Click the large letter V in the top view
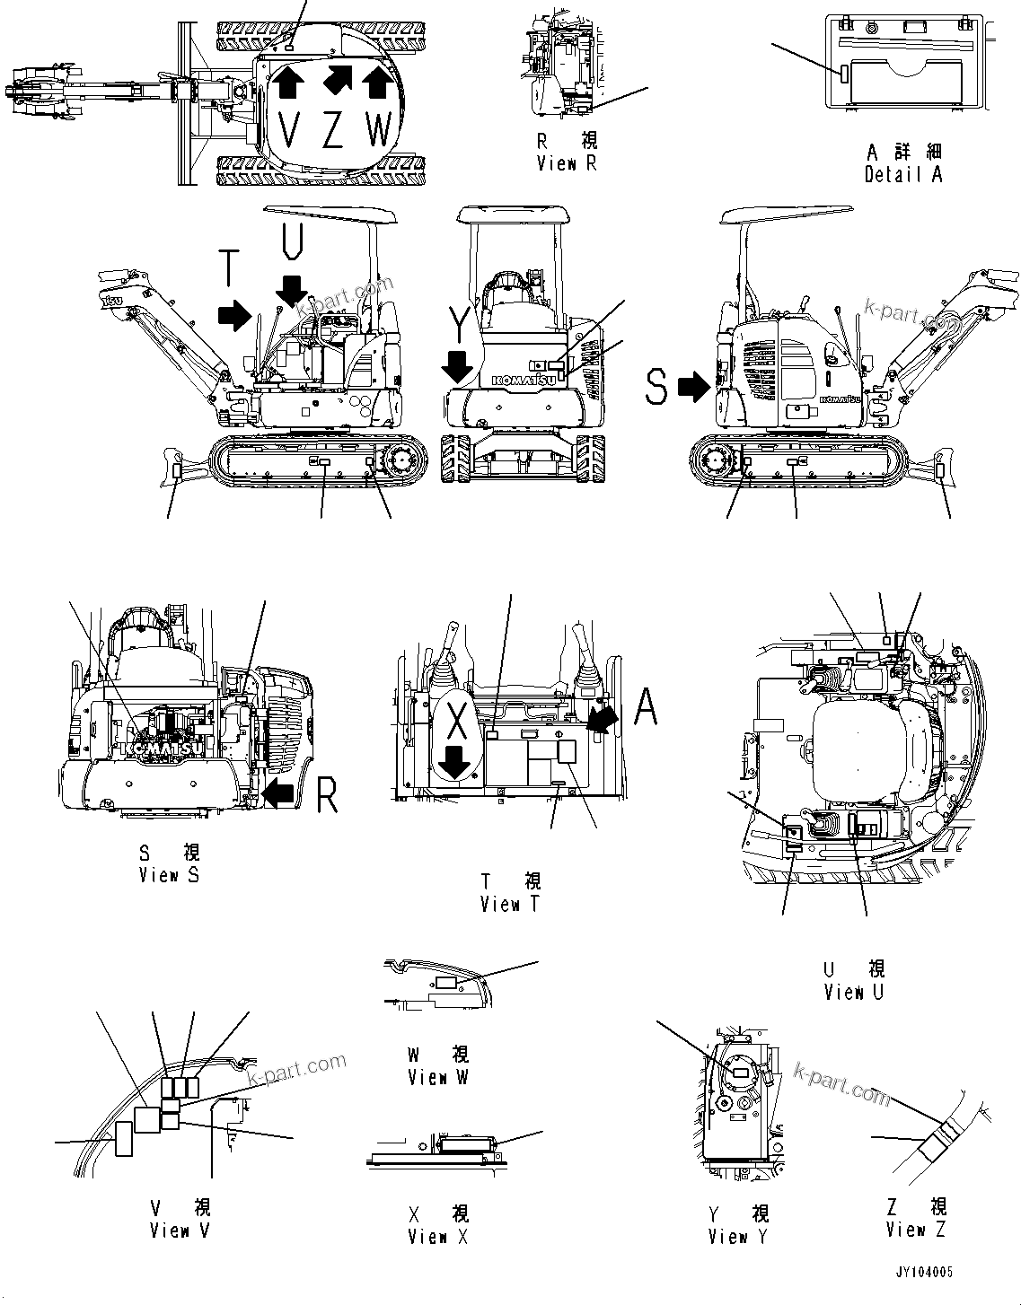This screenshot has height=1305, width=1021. click(x=288, y=131)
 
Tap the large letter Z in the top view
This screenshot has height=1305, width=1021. click(x=333, y=131)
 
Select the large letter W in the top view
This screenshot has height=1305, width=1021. click(x=380, y=131)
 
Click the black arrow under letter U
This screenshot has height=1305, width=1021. click(x=292, y=290)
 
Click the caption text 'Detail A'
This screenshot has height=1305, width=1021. click(x=903, y=175)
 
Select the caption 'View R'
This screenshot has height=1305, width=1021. click(x=567, y=163)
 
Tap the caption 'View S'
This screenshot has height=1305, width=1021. click(x=169, y=874)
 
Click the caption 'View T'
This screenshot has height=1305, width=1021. click(x=510, y=904)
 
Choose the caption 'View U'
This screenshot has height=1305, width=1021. click(x=854, y=992)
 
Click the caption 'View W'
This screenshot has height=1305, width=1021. click(x=438, y=1077)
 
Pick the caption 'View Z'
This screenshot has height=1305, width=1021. click(x=915, y=1230)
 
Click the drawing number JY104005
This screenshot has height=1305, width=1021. click(x=923, y=1273)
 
